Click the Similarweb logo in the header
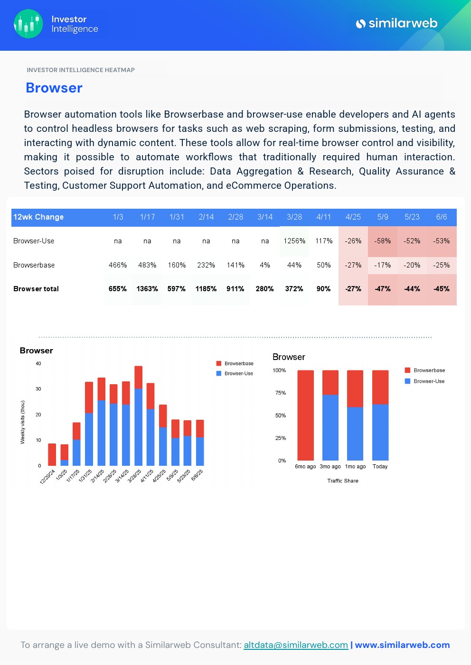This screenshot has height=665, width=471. tap(396, 23)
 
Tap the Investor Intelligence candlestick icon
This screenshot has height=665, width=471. tap(28, 24)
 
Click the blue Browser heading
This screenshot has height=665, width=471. tap(54, 88)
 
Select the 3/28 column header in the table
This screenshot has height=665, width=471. tap(294, 217)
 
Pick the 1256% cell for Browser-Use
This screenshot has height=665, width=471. tap(294, 241)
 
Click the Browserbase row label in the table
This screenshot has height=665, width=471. tap(34, 265)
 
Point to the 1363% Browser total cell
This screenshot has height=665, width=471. tap(147, 289)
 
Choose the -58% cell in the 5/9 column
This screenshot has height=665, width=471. tap(383, 241)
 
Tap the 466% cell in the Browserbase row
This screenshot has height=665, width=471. tap(118, 265)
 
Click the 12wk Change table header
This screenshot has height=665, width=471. tap(38, 217)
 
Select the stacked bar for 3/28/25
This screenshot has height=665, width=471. tap(139, 416)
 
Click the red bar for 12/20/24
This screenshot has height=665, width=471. tap(52, 454)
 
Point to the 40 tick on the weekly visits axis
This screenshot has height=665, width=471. tap(38, 364)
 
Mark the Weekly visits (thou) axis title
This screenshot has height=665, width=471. tap(22, 422)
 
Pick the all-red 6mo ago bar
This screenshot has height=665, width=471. tap(305, 415)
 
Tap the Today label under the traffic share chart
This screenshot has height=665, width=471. tap(380, 467)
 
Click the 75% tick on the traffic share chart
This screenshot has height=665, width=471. tap(281, 393)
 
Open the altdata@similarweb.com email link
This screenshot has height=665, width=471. tap(296, 645)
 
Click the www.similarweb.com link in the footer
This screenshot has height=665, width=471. tap(402, 645)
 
